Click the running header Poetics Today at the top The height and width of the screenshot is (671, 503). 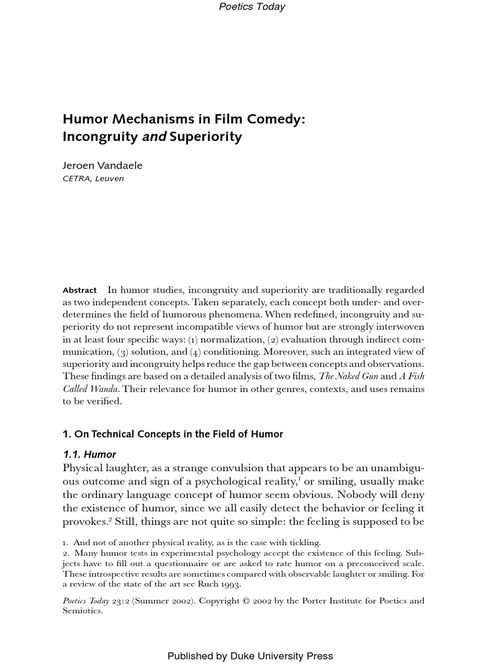251,7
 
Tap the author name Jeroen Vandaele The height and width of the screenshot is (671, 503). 102,165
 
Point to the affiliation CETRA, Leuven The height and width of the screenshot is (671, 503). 93,178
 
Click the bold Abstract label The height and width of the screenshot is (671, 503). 79,290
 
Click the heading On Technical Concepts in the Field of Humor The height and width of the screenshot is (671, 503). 173,434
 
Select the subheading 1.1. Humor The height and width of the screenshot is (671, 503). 89,454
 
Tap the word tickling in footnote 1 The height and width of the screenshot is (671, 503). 302,542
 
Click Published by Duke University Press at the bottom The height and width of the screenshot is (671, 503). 250,656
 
